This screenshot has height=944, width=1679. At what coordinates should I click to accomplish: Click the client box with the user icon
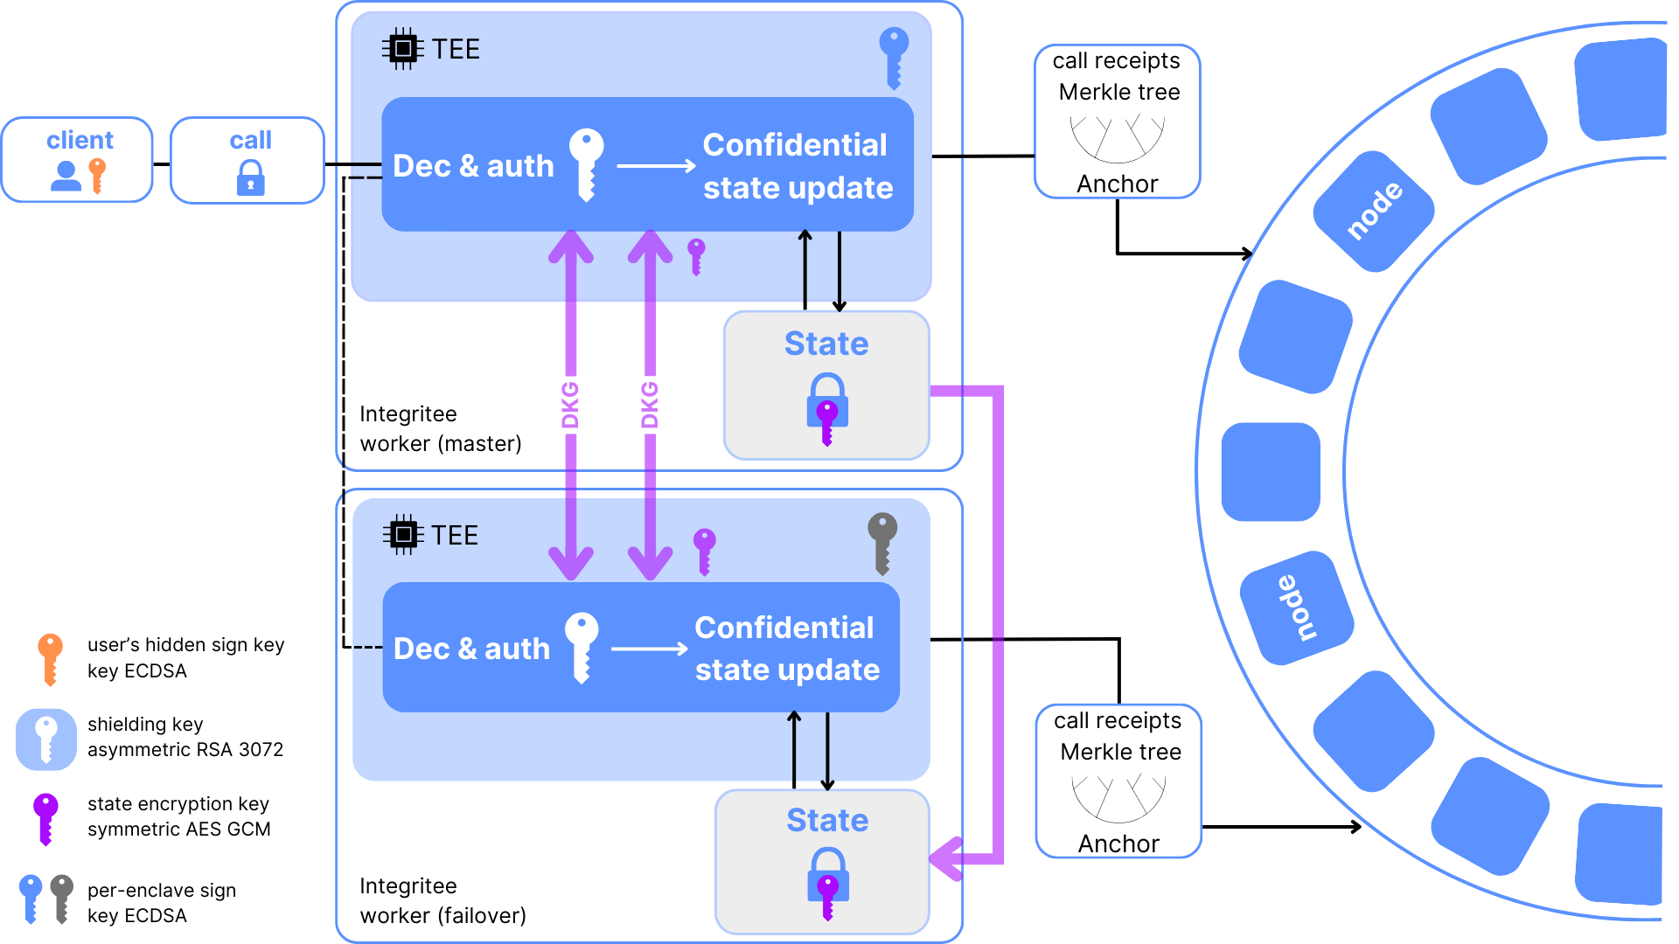(77, 160)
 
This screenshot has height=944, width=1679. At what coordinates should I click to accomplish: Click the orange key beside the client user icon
(97, 175)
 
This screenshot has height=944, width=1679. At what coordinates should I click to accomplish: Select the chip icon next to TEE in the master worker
(402, 49)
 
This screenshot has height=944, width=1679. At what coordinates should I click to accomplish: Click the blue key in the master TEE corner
(894, 56)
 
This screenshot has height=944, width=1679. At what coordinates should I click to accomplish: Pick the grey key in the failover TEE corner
(882, 541)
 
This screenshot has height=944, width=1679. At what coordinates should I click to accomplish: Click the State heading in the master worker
(826, 344)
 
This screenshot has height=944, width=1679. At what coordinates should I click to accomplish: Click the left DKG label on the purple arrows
(570, 405)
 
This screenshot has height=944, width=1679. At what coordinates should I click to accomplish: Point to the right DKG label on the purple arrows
(649, 405)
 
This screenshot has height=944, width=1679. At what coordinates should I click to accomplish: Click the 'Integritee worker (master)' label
(440, 428)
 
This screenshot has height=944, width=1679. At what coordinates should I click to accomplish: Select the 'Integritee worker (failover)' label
(442, 900)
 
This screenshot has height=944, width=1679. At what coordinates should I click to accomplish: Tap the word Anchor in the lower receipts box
(1118, 843)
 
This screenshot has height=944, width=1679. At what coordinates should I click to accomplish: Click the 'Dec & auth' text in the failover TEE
(471, 649)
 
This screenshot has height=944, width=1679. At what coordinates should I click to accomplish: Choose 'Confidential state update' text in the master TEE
(797, 166)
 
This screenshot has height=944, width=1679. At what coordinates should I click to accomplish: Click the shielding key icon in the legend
(46, 739)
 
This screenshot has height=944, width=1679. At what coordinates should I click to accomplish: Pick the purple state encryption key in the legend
(45, 817)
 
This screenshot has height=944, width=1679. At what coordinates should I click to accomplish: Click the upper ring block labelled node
(1374, 212)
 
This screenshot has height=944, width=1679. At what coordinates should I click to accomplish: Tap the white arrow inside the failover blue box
(649, 649)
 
